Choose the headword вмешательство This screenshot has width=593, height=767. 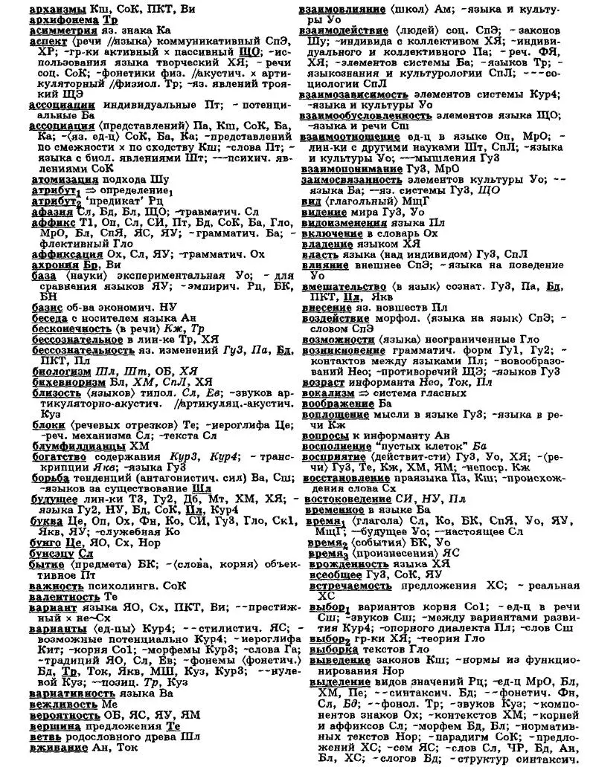tap(346, 285)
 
